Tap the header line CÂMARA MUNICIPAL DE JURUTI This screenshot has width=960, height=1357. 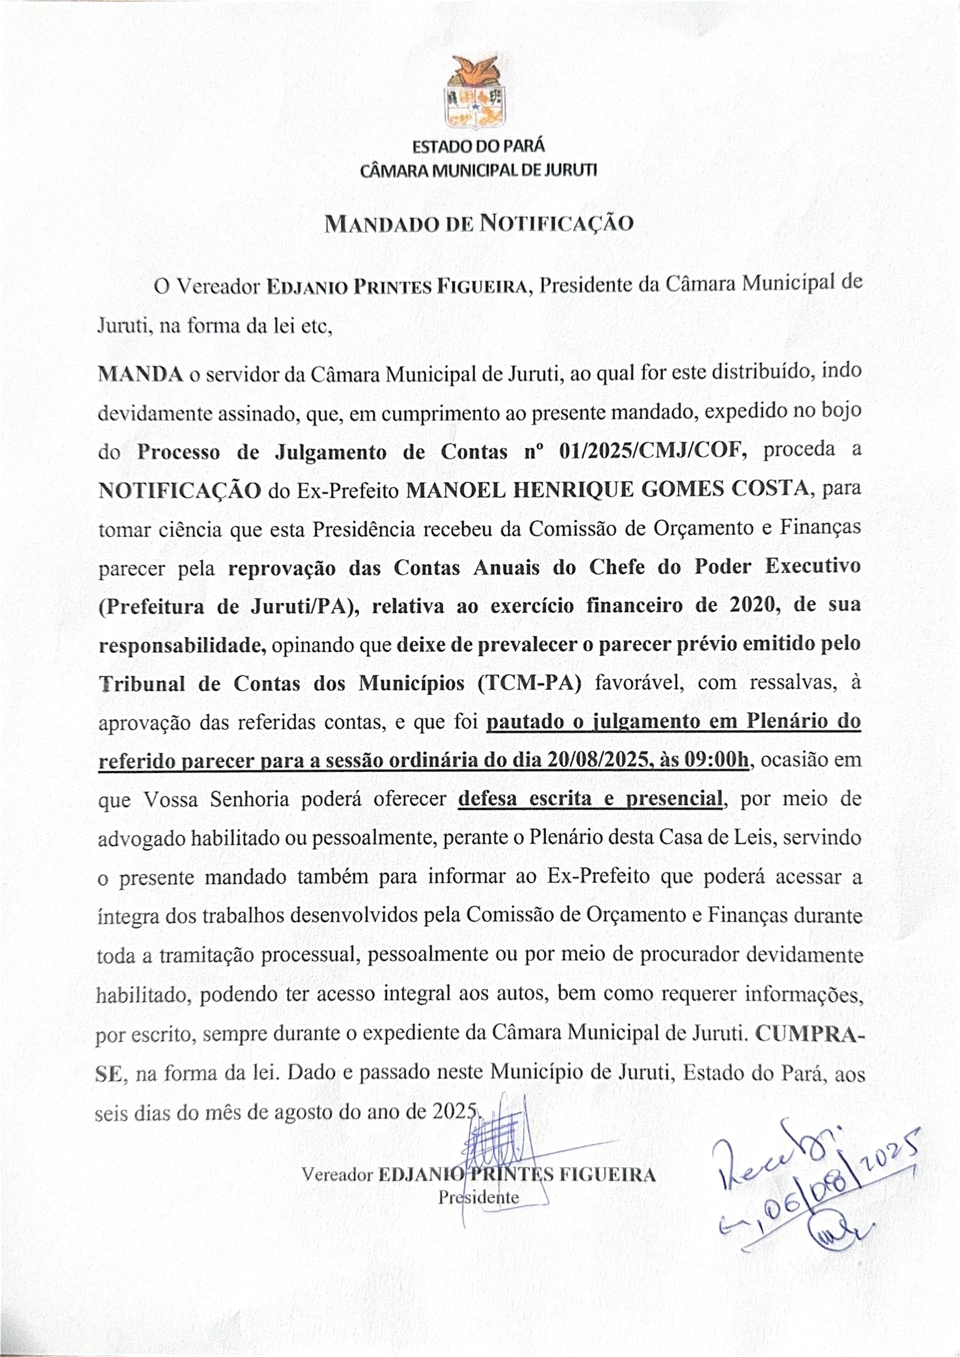478,170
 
